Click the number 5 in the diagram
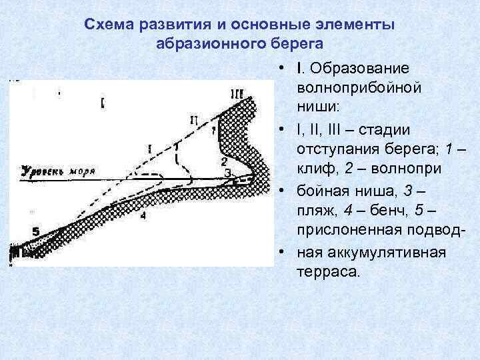[35, 231]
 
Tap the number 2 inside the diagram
[224, 161]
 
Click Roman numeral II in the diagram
[193, 120]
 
